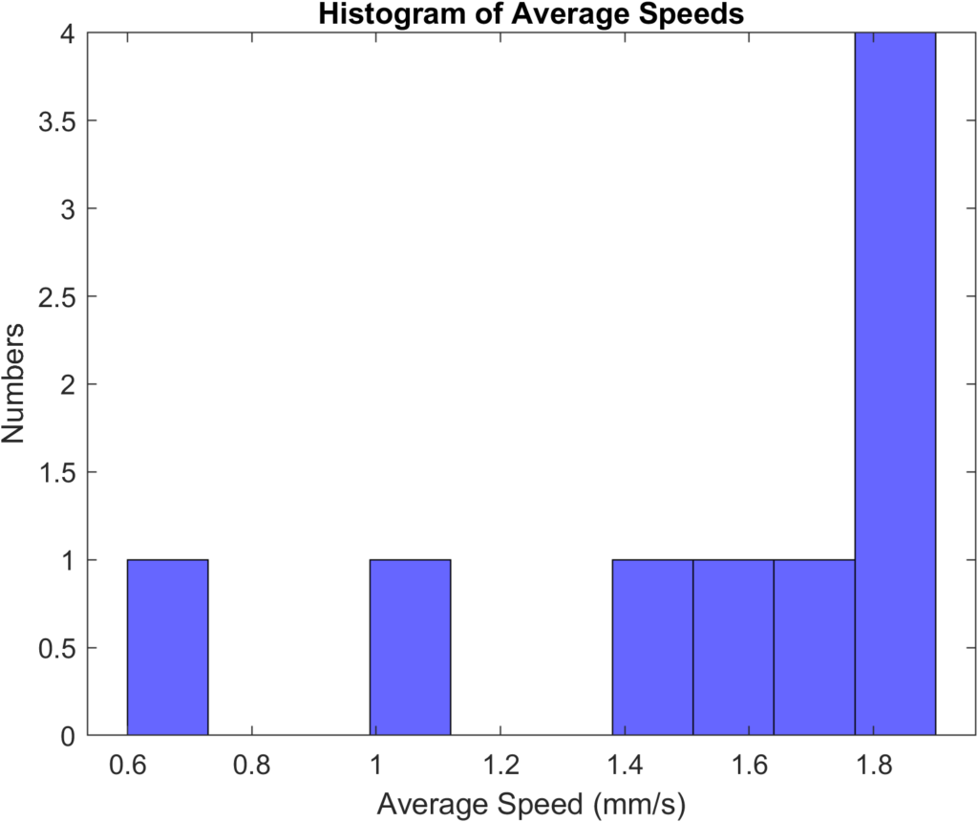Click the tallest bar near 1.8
coord(895,382)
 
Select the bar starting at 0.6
coord(167,647)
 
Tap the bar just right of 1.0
coord(410,647)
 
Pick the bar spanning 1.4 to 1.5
coord(652,647)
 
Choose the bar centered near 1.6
coord(733,647)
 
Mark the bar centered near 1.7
coord(814,647)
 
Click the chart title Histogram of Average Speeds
coord(530,14)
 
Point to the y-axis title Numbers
coord(14,383)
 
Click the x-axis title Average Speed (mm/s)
coord(531,804)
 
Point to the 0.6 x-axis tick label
coord(128,764)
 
